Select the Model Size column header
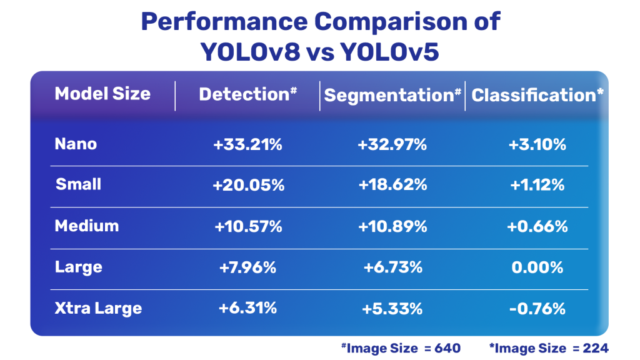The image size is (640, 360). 102,94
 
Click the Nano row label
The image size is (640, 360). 76,144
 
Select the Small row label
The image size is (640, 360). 78,184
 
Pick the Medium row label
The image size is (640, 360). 86,226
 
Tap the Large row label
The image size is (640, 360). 78,267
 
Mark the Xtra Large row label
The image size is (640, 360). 98,308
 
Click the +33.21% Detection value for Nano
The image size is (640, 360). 248,144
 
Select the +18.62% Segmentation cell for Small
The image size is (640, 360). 392,185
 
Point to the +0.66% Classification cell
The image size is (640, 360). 537,226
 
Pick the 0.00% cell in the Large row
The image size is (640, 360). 537,267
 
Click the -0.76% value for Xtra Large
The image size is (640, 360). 537,309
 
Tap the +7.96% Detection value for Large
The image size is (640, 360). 248,267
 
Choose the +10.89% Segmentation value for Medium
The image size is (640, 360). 392,226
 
